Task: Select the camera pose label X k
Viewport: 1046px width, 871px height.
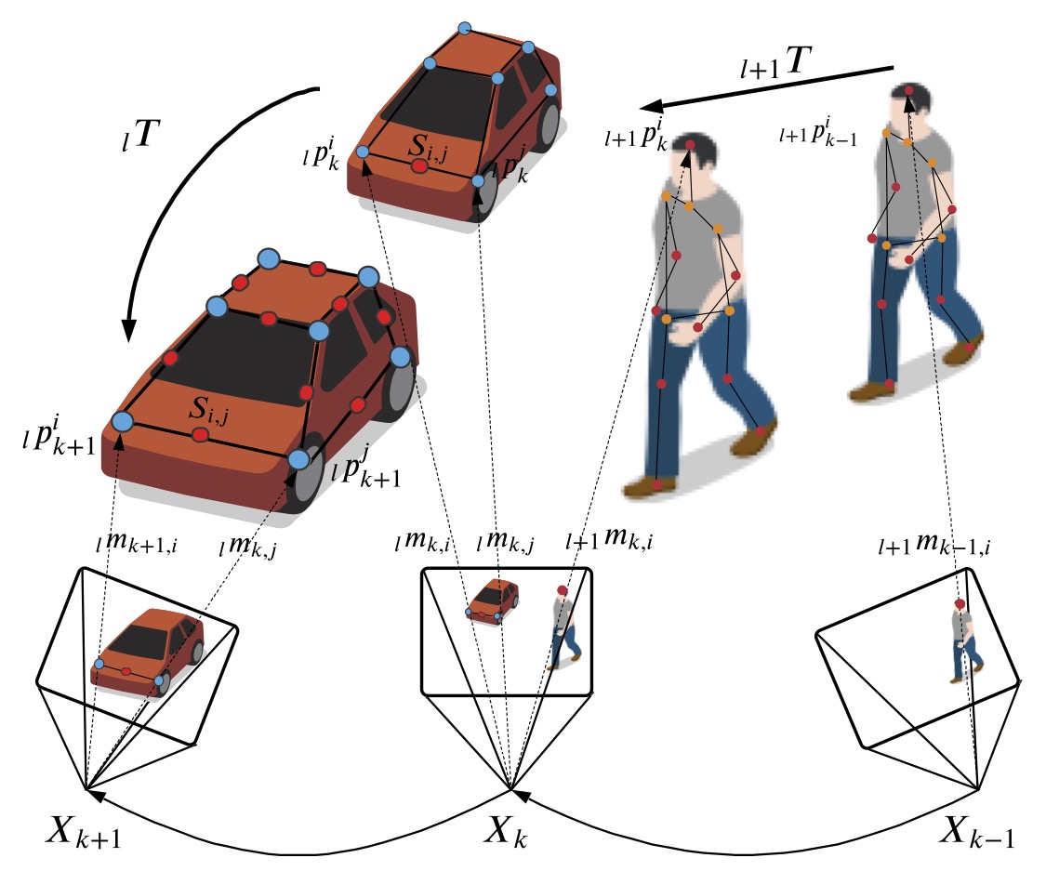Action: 506,831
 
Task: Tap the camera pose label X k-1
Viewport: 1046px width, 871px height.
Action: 976,831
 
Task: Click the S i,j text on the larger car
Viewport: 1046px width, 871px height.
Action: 209,410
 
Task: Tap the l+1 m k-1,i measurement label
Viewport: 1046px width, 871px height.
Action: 933,544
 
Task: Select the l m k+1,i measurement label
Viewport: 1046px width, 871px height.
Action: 136,544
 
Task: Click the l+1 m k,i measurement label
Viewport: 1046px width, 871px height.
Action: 609,539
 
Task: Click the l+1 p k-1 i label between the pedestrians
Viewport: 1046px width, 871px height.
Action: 818,132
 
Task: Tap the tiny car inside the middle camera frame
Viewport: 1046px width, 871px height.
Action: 492,601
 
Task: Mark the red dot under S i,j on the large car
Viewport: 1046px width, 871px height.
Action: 200,435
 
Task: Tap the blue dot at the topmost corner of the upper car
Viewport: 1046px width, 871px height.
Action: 465,28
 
